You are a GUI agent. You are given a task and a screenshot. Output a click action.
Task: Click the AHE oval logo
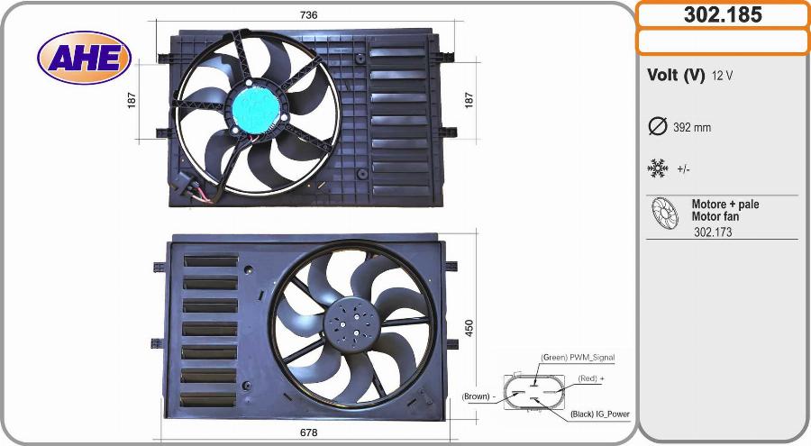click(84, 58)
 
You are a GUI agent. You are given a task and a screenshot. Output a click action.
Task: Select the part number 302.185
click(723, 14)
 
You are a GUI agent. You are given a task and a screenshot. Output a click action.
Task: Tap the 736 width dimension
click(308, 15)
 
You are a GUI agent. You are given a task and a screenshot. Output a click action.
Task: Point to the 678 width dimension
click(308, 432)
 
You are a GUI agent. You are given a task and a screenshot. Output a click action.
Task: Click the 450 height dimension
click(469, 328)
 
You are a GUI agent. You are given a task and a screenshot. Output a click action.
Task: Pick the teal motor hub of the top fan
click(255, 107)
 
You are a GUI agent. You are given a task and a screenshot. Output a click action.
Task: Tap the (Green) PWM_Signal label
click(578, 357)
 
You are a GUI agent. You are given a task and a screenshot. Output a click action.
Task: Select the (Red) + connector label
click(590, 378)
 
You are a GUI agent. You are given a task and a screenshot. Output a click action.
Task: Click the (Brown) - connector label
click(478, 396)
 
